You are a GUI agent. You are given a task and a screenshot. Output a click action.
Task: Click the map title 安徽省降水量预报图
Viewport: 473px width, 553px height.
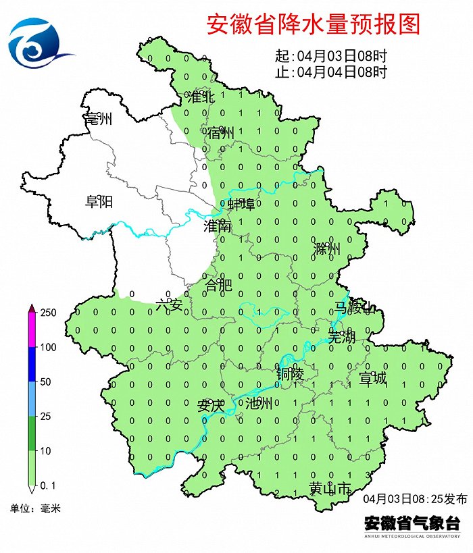(x=313, y=24)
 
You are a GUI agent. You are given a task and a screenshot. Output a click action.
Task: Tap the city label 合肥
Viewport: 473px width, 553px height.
(x=218, y=285)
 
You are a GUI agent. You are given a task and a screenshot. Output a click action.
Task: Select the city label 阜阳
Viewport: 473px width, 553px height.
(x=98, y=201)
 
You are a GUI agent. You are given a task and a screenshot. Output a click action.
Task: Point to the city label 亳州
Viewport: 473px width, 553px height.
(x=98, y=120)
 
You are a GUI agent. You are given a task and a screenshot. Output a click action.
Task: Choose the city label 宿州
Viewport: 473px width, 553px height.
(x=221, y=133)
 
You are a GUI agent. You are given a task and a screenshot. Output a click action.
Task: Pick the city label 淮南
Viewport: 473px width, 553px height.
(x=218, y=227)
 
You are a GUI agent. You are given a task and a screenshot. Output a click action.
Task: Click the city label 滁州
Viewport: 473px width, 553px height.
(x=327, y=249)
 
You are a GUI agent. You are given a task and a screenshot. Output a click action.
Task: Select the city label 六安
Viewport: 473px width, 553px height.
(x=169, y=305)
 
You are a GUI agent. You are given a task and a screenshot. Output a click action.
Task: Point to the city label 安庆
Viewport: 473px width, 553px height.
(x=209, y=406)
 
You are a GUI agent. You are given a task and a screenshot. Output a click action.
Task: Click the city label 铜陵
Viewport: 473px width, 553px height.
(x=290, y=373)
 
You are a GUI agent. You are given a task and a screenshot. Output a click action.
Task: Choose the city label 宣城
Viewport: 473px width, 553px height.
(x=372, y=378)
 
